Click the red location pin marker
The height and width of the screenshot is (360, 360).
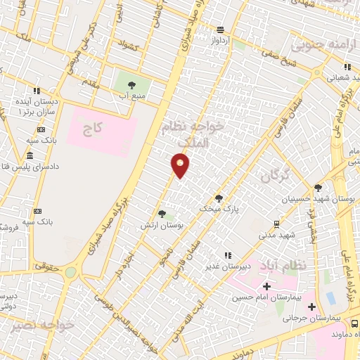point(181,165)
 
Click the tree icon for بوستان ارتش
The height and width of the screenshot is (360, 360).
point(162,214)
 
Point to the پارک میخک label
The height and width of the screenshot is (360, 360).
point(219,209)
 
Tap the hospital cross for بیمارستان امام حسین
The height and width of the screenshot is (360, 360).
point(266,286)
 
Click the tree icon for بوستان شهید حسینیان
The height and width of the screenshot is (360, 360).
point(318,188)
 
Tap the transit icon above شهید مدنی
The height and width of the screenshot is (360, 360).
point(277,224)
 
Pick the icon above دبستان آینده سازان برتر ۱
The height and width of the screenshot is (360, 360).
point(37,91)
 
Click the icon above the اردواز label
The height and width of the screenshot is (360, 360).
point(220,30)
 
